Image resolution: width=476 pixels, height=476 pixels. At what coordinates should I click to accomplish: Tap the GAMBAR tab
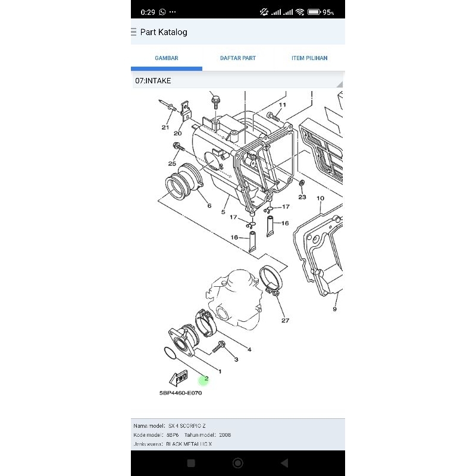click(x=167, y=58)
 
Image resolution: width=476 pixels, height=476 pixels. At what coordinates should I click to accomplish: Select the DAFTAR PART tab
click(x=238, y=58)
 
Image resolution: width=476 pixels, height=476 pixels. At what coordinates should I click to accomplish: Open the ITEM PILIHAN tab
click(x=309, y=58)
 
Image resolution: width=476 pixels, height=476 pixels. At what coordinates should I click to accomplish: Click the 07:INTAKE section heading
click(x=154, y=80)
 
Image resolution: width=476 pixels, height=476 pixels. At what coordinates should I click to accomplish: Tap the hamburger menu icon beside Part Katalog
click(x=133, y=32)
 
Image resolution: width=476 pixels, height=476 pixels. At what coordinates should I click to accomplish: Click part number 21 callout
click(x=165, y=127)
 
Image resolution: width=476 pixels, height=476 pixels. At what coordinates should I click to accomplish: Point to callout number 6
click(x=209, y=206)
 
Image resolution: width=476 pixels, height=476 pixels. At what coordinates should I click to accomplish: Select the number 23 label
click(x=302, y=197)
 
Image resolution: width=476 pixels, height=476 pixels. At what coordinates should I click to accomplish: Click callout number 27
click(x=285, y=321)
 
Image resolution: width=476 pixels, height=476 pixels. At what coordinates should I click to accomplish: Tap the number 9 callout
click(x=334, y=309)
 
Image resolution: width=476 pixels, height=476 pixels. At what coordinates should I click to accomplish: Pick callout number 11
click(x=282, y=105)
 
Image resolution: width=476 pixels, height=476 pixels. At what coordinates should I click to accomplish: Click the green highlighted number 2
click(x=206, y=378)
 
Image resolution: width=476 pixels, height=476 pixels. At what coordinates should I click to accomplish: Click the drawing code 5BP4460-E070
click(x=180, y=393)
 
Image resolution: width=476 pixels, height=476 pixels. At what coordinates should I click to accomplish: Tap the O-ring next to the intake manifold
click(x=170, y=353)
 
